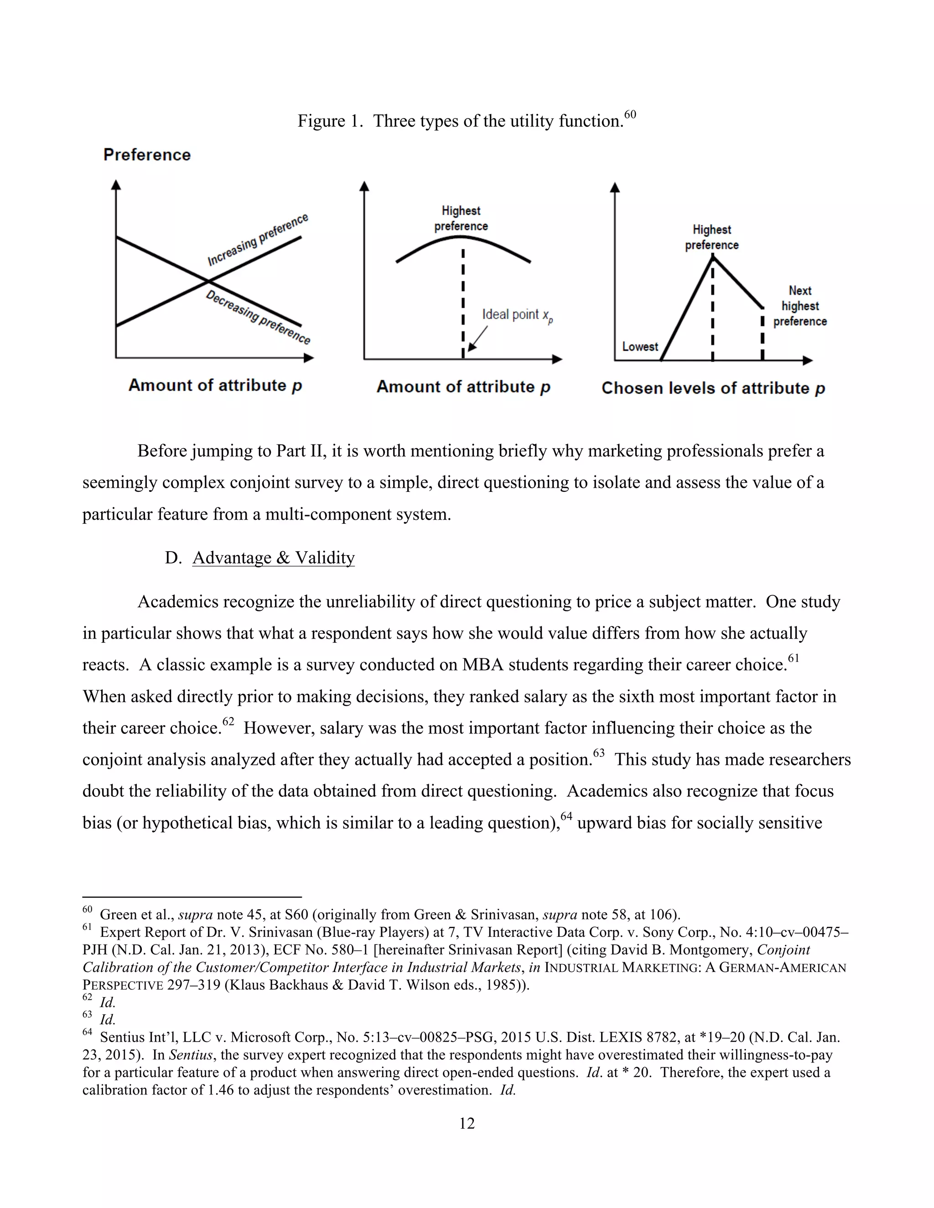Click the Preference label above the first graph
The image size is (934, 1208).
(147, 155)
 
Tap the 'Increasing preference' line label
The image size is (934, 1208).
(257, 239)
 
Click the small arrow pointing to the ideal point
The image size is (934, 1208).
(477, 339)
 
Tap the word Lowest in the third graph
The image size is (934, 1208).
(640, 347)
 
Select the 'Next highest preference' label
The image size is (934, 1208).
(799, 306)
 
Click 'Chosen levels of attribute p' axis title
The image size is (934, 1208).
(713, 388)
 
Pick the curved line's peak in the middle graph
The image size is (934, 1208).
(462, 237)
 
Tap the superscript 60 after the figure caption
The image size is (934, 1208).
(630, 114)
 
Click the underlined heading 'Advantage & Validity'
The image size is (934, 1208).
(273, 558)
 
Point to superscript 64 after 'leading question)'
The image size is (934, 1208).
(566, 816)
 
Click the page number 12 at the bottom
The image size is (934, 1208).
(467, 1123)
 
